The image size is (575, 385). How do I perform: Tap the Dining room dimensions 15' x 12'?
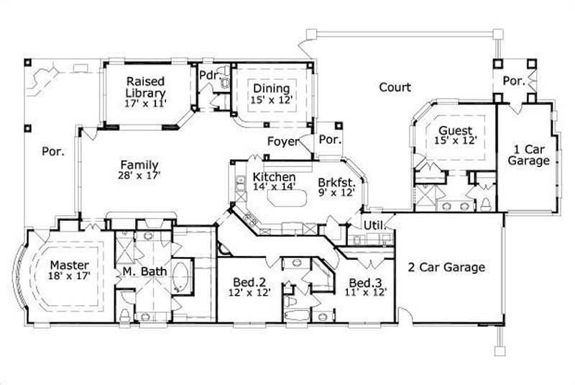coord(272,100)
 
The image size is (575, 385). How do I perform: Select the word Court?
coord(395,87)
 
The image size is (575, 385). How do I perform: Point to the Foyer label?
coord(282,141)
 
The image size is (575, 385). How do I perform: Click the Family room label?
coord(139,165)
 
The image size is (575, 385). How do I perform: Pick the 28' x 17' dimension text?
coord(139,175)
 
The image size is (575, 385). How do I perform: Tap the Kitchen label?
coord(274,177)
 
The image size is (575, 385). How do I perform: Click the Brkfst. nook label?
coord(336,182)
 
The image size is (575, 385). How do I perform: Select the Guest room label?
coord(456,131)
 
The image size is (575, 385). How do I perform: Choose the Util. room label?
coord(374,225)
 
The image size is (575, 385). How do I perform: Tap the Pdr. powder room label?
coord(208,74)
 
